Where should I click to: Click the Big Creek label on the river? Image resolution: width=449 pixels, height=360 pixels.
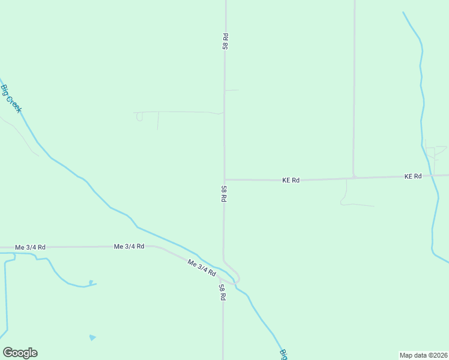click(11, 98)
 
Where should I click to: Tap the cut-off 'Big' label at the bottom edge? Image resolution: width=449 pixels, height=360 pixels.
click(283, 355)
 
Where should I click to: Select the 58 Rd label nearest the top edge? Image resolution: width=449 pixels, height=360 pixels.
click(225, 41)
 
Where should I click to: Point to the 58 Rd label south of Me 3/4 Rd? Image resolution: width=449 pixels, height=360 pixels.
click(221, 292)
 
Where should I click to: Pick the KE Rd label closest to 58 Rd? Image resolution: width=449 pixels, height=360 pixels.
click(291, 180)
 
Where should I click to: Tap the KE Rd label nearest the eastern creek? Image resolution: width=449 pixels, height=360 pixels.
click(413, 176)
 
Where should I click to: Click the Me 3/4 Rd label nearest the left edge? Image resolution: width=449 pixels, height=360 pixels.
click(30, 247)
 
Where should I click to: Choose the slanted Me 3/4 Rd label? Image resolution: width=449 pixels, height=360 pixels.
click(202, 268)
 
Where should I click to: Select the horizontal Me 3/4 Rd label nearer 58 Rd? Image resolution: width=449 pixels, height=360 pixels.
click(129, 247)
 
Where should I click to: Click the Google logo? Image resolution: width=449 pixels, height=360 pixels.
click(20, 353)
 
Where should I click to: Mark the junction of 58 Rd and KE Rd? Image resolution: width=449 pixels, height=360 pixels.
click(224, 179)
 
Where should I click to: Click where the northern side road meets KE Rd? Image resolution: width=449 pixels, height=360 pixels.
click(354, 177)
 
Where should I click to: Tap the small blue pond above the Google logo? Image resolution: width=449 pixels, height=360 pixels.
click(92, 338)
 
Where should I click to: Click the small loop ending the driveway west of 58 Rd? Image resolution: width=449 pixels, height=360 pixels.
click(139, 117)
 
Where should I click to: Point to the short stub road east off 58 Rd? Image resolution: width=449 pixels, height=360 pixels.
click(232, 91)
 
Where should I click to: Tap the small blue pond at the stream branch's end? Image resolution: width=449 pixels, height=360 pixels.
click(90, 283)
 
